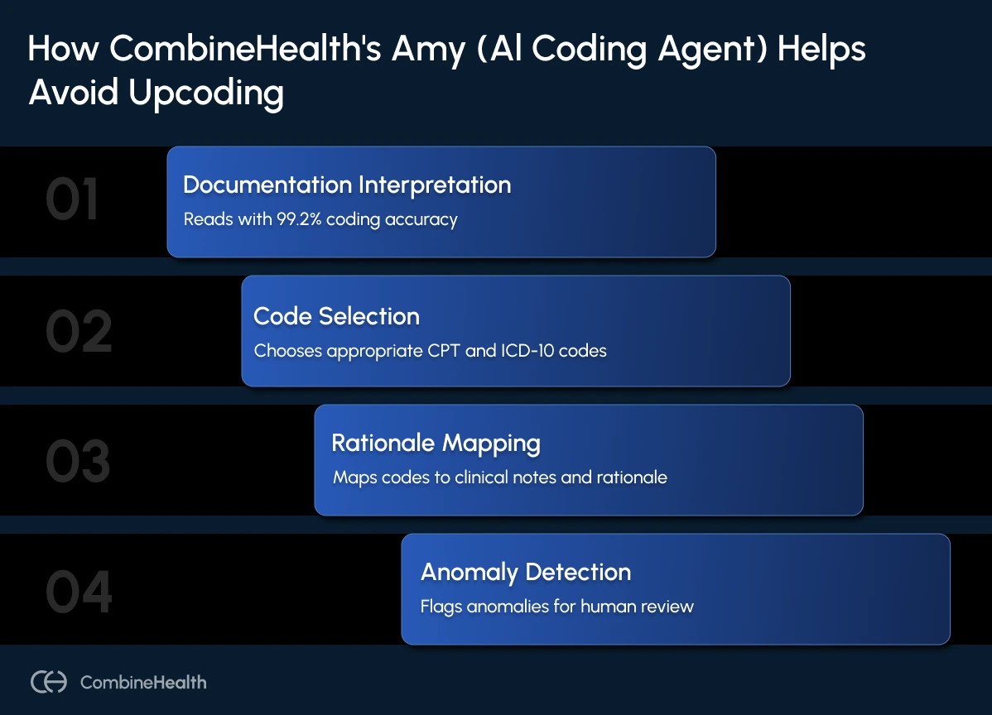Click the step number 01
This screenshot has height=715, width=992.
[72, 202]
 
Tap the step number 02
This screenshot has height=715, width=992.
[78, 332]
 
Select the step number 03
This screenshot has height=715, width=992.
[78, 462]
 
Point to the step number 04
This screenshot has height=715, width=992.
[79, 592]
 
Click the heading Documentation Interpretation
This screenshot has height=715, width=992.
[347, 185]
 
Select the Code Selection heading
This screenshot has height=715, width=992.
[336, 316]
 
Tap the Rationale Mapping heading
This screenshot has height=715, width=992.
[436, 443]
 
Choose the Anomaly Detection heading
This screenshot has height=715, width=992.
[526, 572]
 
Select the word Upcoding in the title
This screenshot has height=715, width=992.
[205, 93]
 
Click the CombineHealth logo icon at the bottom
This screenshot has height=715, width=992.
[49, 682]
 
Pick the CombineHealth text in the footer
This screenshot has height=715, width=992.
[143, 683]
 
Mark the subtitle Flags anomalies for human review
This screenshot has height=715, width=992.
[556, 607]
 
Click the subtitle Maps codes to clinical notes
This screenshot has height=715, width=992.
[499, 477]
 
